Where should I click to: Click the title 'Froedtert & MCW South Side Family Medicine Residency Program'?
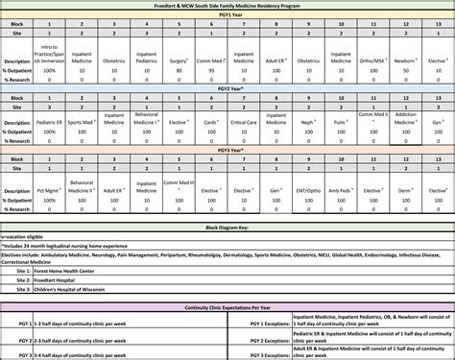227,6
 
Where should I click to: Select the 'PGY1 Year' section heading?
227,15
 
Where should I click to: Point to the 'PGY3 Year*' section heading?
227,151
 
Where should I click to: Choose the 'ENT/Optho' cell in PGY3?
306,189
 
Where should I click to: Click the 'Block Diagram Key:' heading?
227,228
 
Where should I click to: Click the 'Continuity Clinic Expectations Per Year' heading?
227,307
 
